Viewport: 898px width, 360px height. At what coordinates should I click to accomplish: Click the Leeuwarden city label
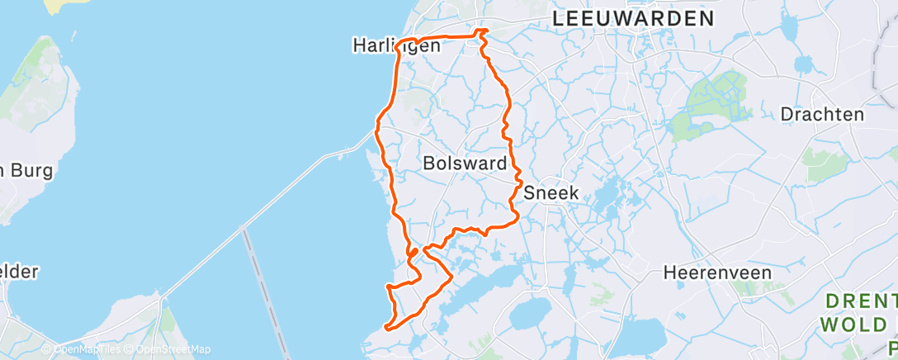click(633, 19)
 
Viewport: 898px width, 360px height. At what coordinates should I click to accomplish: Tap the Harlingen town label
click(396, 46)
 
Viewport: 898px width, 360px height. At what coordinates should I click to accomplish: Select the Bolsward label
click(464, 163)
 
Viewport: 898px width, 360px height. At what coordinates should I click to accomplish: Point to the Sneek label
click(551, 193)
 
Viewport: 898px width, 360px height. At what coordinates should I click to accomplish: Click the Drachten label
click(822, 114)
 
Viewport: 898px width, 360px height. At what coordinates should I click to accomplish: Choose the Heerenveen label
click(717, 272)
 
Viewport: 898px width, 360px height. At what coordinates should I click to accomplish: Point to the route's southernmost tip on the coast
click(387, 328)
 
